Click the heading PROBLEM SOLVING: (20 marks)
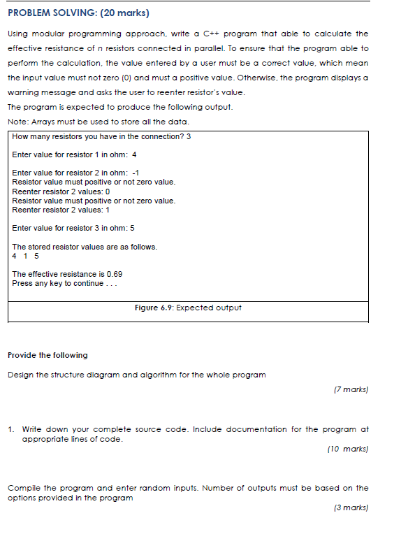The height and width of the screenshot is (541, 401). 78,13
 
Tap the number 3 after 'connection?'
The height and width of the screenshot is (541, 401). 189,136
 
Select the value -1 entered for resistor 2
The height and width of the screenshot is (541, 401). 136,173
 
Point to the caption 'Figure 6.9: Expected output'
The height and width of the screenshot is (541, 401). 188,308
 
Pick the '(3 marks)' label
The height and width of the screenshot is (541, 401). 351,508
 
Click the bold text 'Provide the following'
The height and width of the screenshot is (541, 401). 48,355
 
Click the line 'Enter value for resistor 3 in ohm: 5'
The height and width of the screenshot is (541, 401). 73,228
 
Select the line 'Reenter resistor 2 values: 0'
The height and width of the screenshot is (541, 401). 61,191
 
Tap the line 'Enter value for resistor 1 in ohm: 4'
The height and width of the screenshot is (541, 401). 74,154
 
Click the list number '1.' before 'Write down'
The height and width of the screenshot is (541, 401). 12,429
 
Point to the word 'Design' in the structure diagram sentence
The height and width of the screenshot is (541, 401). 20,375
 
